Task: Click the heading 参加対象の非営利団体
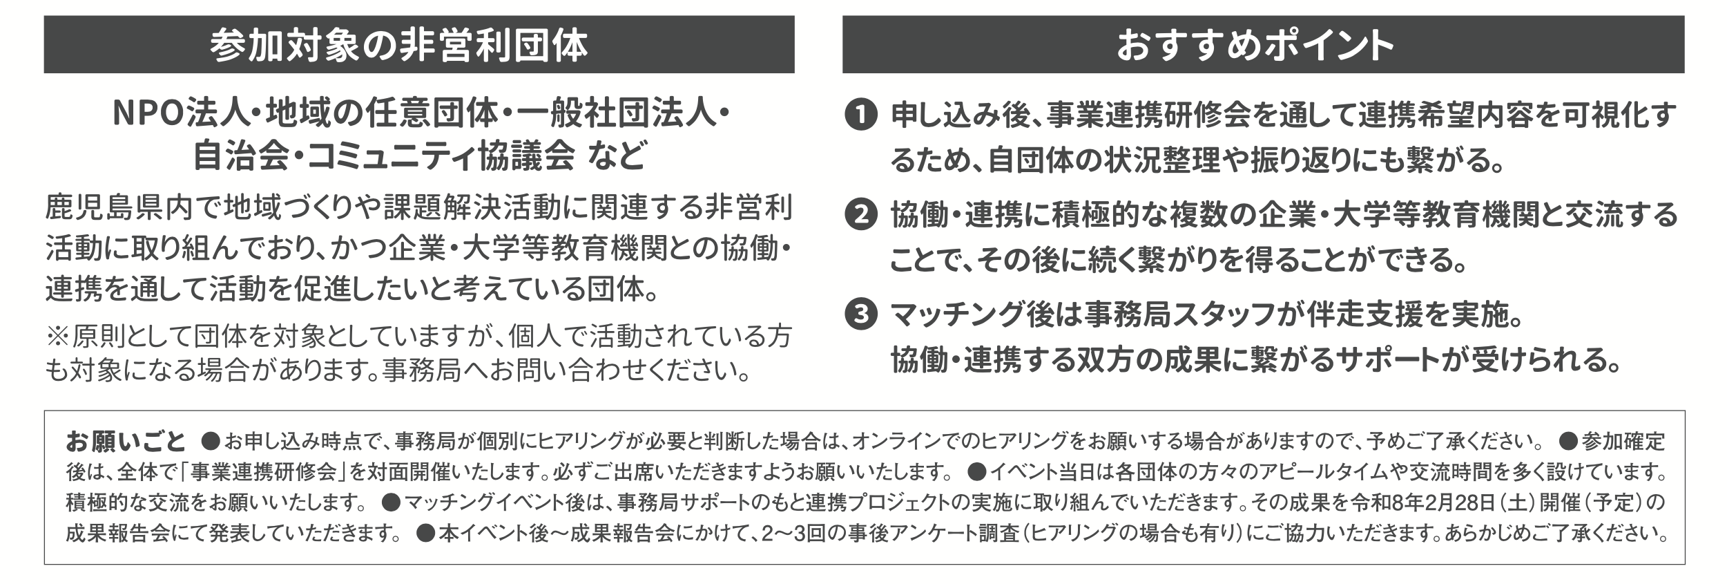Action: [398, 46]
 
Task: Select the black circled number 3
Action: [861, 316]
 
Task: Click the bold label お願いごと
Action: [126, 440]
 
